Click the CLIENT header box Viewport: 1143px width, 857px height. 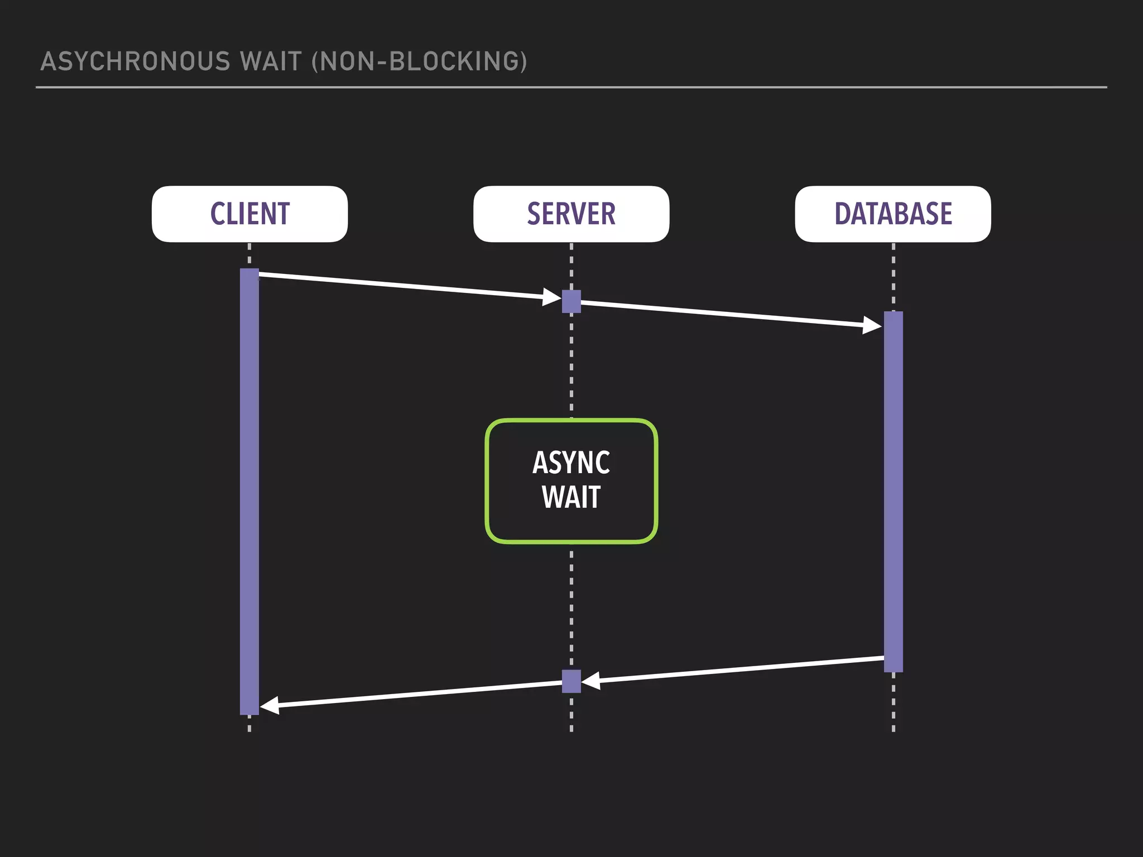[249, 214]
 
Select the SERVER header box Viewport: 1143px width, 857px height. [571, 214]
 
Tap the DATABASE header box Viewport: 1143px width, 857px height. [893, 214]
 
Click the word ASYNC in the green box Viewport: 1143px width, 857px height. [571, 463]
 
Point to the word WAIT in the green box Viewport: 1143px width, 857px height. [571, 497]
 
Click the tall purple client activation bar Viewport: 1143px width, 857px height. [249, 491]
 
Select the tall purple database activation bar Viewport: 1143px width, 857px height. [893, 491]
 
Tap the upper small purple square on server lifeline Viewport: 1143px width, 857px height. [571, 301]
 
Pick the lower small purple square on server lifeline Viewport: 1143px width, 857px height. [571, 681]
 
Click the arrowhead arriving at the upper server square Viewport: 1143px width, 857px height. [552, 297]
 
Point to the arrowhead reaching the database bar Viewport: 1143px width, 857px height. [872, 325]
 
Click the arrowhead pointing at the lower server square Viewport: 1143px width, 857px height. [591, 680]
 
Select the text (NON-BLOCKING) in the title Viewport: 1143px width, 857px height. [419, 61]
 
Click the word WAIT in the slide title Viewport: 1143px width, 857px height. [271, 61]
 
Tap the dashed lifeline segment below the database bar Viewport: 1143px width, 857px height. [893, 703]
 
